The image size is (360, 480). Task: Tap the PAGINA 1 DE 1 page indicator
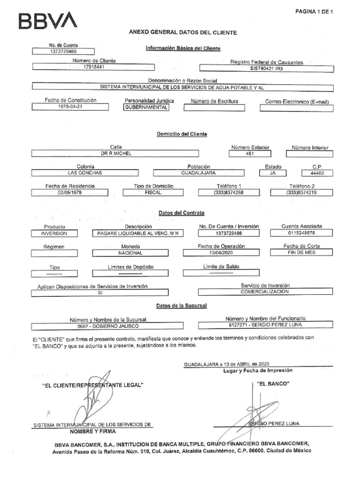(314, 12)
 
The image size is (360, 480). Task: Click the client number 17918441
(93, 67)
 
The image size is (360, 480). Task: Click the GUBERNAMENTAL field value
(145, 107)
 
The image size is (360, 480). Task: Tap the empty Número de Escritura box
(214, 107)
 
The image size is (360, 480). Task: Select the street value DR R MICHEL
(114, 153)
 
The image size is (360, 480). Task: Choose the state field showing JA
(273, 172)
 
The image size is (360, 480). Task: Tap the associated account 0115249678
(302, 232)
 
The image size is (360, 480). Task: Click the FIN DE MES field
(302, 252)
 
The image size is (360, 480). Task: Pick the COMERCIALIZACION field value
(265, 292)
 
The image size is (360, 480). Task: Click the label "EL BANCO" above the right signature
(273, 384)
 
